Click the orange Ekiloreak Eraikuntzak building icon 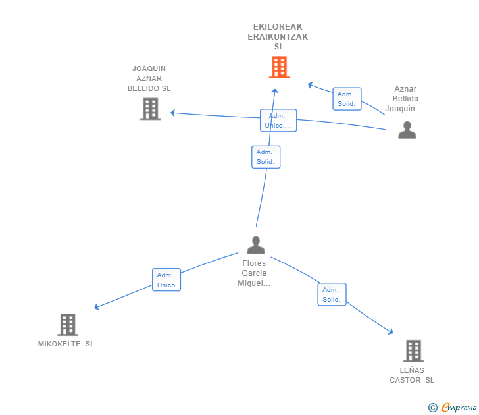tap(279, 67)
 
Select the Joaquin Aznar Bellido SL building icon tap(151, 109)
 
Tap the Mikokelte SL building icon tap(68, 325)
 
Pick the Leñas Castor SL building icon tap(413, 351)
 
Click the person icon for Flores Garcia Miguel tap(255, 245)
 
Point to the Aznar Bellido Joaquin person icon tap(407, 130)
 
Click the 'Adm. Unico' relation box tap(166, 280)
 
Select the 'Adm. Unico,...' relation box tap(278, 121)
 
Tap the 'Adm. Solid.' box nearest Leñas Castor tap(332, 294)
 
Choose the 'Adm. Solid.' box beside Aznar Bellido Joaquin tap(347, 99)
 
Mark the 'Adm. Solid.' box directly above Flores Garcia tap(266, 157)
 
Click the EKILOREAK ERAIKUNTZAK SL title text tap(278, 37)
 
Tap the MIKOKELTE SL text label tap(66, 344)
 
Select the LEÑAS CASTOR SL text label tap(412, 375)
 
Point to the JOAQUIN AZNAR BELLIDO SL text tap(149, 78)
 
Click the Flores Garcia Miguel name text tap(254, 273)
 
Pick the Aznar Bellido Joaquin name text tap(405, 99)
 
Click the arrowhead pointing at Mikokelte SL tap(97, 307)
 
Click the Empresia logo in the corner tap(453, 408)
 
